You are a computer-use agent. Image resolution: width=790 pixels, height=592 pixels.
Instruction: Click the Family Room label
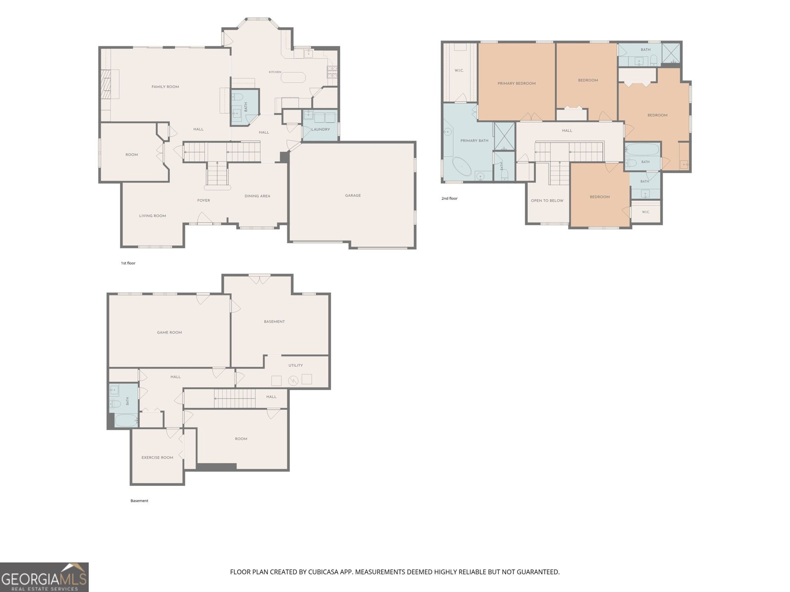click(x=165, y=87)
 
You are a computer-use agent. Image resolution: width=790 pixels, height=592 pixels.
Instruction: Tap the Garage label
click(x=353, y=195)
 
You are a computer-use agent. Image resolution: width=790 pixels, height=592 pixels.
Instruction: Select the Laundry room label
click(x=320, y=129)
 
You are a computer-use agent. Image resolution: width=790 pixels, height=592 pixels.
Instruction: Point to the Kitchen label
click(x=275, y=72)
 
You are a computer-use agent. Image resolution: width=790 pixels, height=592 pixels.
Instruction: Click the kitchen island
click(x=293, y=77)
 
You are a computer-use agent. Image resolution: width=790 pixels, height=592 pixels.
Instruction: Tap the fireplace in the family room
click(x=107, y=84)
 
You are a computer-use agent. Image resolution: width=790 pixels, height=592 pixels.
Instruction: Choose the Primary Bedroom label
click(x=516, y=83)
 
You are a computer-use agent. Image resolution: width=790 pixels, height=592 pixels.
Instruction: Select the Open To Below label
click(x=547, y=201)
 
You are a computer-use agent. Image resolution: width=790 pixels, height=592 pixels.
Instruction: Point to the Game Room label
click(x=169, y=333)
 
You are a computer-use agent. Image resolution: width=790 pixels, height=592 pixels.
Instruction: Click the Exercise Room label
click(x=158, y=458)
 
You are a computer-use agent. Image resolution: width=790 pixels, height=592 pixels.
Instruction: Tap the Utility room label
click(x=295, y=365)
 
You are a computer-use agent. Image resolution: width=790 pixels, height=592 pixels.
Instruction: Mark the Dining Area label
click(x=257, y=196)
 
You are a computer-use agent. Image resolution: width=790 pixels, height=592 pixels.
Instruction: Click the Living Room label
click(x=153, y=216)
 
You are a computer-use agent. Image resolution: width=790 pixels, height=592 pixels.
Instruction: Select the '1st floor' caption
click(x=128, y=263)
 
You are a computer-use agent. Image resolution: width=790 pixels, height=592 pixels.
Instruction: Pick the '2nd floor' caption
click(x=449, y=198)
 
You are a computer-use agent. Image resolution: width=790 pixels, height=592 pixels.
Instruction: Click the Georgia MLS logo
click(x=44, y=577)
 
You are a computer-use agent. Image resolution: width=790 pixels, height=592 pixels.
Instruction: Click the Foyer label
click(x=204, y=201)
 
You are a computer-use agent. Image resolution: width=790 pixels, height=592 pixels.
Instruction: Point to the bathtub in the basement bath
click(x=126, y=420)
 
